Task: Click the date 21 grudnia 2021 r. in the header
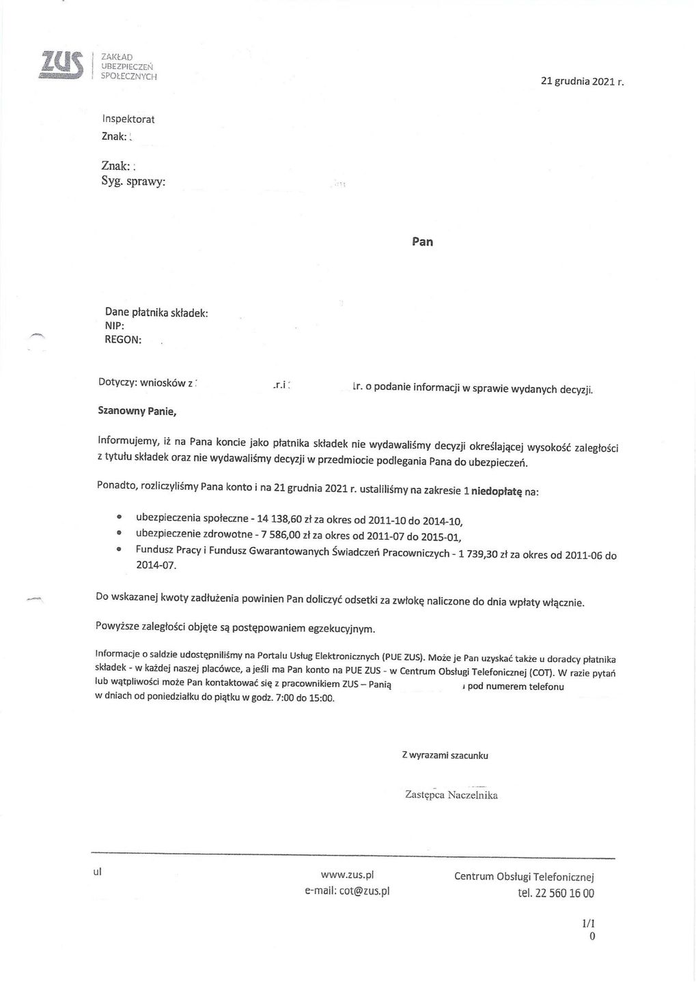tap(582, 82)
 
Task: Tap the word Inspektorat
tap(128, 119)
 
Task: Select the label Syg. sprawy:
tap(133, 182)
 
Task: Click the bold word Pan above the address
tap(422, 242)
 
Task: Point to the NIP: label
tap(114, 326)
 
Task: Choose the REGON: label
tap(123, 340)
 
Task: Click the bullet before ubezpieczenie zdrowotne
tap(119, 533)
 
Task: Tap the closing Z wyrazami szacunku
tap(445, 755)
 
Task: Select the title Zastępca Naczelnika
tap(451, 795)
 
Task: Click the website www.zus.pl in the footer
tap(347, 876)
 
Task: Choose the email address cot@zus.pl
tap(364, 891)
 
